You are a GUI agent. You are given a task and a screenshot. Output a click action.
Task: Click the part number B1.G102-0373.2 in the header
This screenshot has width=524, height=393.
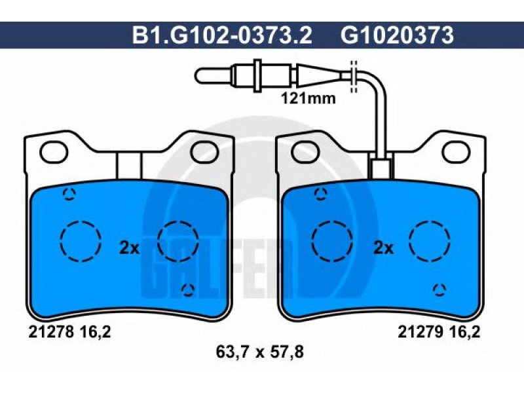222,35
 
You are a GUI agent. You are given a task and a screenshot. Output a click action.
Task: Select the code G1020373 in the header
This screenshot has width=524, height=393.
398,35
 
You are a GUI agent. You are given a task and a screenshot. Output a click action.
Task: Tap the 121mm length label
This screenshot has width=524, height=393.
308,99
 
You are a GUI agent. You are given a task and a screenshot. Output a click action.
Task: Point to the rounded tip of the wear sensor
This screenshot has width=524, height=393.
198,75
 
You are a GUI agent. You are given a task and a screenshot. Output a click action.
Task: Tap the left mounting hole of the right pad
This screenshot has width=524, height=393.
305,151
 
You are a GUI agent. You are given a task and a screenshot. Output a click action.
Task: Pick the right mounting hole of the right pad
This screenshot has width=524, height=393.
457,151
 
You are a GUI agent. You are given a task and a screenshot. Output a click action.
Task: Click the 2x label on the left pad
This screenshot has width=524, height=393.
129,248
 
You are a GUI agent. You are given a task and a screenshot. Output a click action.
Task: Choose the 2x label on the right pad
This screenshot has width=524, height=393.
383,248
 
